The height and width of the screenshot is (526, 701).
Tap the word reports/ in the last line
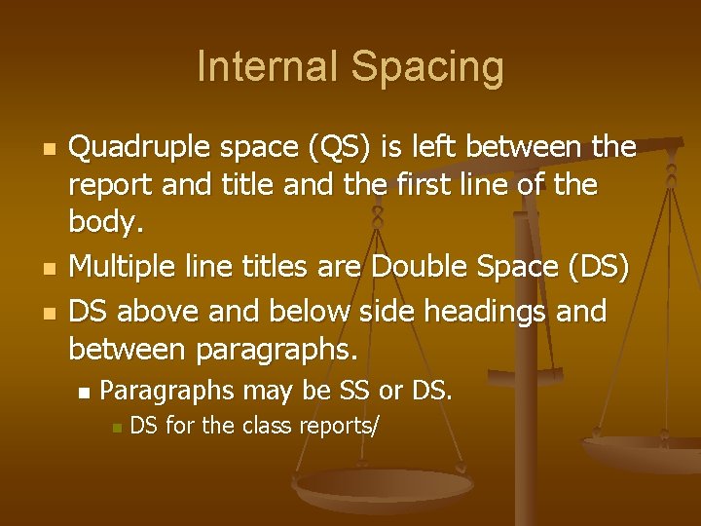[x=341, y=426]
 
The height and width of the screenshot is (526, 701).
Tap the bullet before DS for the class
[x=116, y=428]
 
